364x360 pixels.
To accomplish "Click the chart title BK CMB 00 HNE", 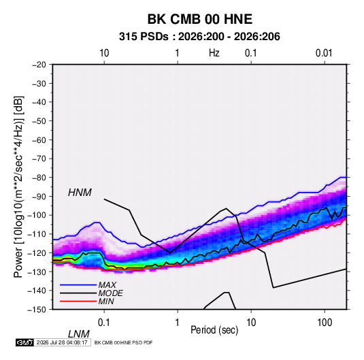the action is pyautogui.click(x=200, y=19).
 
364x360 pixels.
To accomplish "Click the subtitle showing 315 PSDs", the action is pyautogui.click(x=199, y=37).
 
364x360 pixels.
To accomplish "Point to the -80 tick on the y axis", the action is pyautogui.click(x=39, y=178).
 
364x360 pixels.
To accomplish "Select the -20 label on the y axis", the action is pyautogui.click(x=39, y=65).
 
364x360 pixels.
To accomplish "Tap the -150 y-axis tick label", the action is pyautogui.click(x=37, y=310).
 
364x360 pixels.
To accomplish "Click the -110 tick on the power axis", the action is pyautogui.click(x=37, y=234).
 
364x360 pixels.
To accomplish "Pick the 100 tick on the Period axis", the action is pyautogui.click(x=325, y=323).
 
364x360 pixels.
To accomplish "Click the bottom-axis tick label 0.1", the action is pyautogui.click(x=104, y=323).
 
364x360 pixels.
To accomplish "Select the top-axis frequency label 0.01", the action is pyautogui.click(x=324, y=53).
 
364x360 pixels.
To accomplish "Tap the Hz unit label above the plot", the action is pyautogui.click(x=214, y=53).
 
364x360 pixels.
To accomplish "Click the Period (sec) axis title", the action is pyautogui.click(x=214, y=330).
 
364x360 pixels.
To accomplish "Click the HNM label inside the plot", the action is pyautogui.click(x=80, y=193).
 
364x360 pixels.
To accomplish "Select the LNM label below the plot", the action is pyautogui.click(x=79, y=334).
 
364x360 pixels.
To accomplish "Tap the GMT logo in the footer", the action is pyautogui.click(x=24, y=342).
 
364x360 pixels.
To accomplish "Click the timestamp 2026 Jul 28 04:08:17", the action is pyautogui.click(x=62, y=342).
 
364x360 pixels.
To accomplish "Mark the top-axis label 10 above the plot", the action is pyautogui.click(x=104, y=53).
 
